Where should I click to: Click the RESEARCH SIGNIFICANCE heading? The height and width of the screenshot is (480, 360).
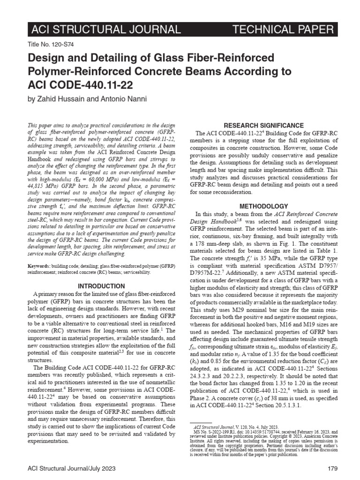(263, 126)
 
